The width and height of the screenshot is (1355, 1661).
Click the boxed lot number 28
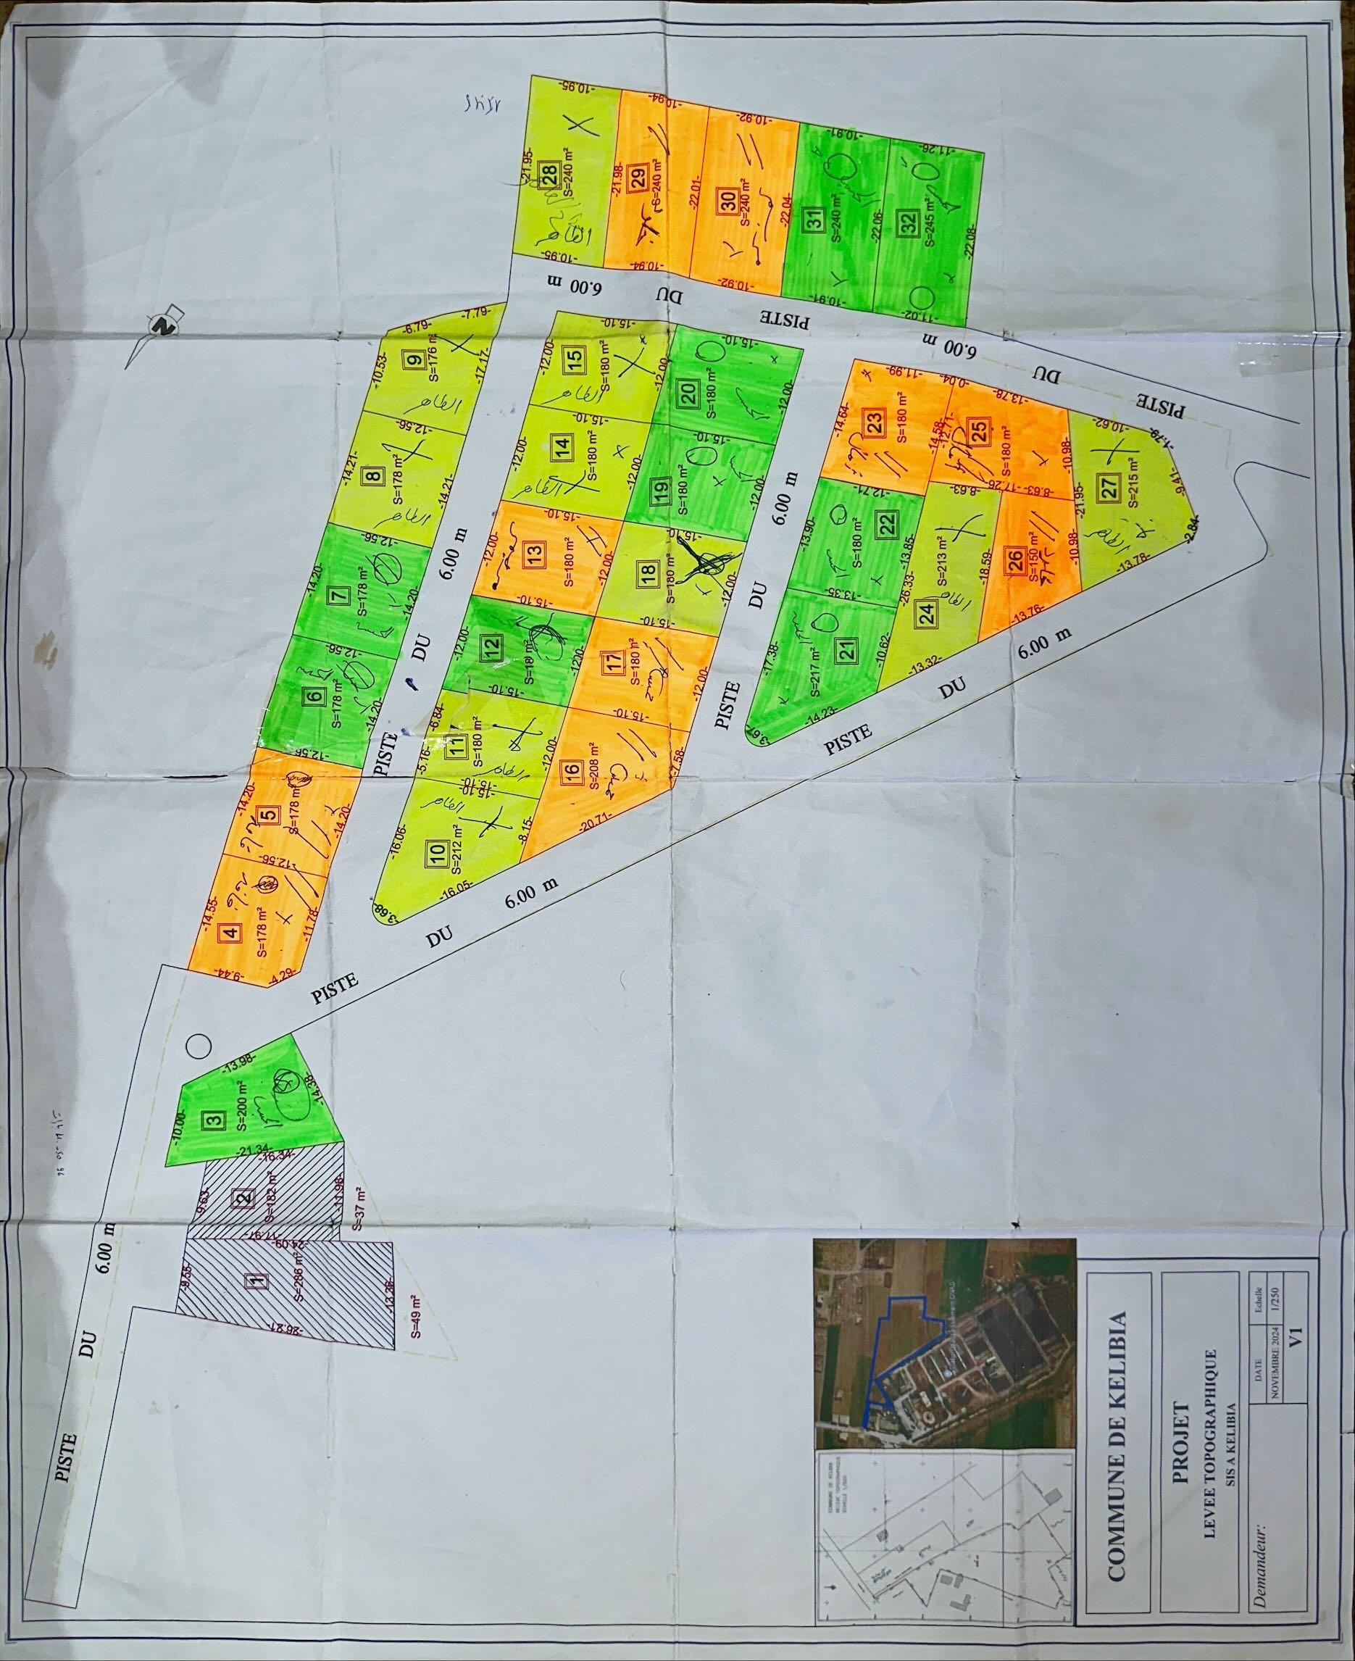(x=549, y=172)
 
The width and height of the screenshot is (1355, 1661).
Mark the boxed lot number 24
(x=927, y=614)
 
